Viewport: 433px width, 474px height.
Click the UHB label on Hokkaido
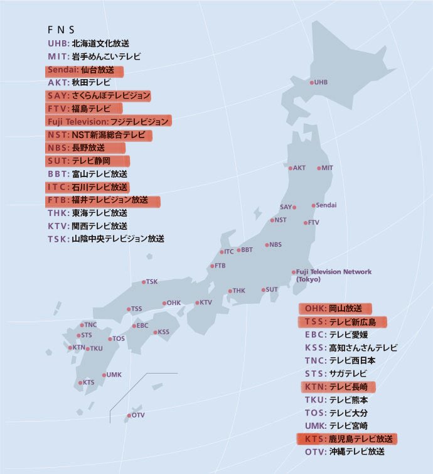coord(321,82)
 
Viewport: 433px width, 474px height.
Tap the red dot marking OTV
coord(129,416)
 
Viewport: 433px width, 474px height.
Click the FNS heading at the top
coord(61,30)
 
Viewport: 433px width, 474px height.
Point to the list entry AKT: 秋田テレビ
coord(79,82)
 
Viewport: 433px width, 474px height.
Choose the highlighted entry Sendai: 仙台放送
coord(84,70)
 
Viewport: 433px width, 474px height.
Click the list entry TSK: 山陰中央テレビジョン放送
coord(105,239)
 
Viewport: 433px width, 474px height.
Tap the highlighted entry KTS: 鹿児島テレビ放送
coord(348,438)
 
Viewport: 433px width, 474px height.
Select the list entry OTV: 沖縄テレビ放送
coord(345,451)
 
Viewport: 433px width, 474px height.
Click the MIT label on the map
coord(327,168)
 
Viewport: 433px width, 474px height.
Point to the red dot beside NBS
coord(267,245)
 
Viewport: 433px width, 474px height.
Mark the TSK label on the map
coord(152,282)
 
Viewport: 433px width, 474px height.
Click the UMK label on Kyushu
coord(114,375)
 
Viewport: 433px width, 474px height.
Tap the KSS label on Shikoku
coord(163,331)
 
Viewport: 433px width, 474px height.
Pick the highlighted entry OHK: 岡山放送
coord(335,308)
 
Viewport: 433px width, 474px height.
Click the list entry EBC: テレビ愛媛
coord(336,335)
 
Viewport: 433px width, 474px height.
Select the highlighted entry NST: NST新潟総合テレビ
coord(99,134)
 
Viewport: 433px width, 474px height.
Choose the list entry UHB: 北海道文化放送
coord(88,43)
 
